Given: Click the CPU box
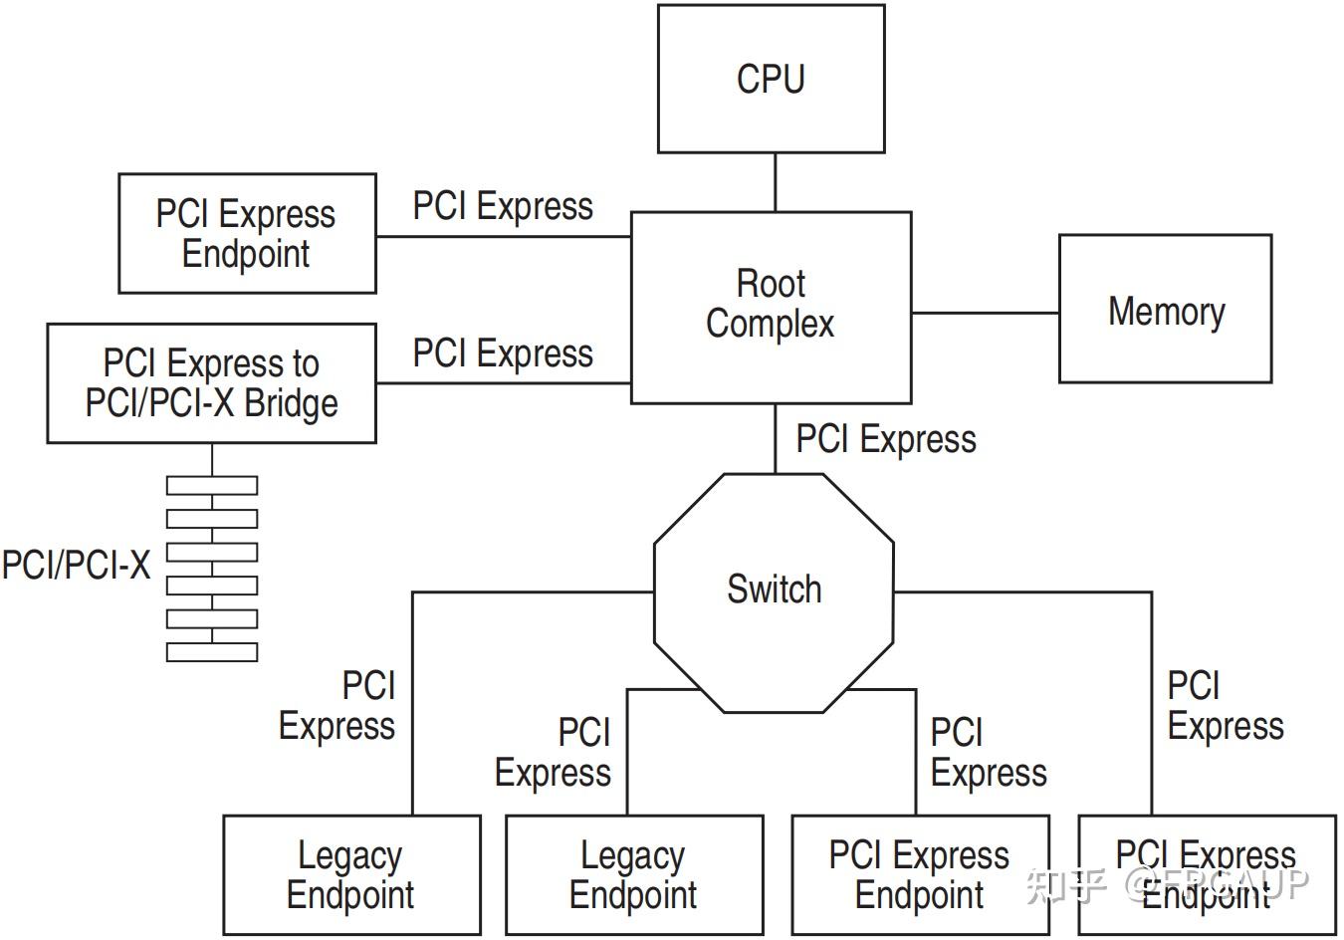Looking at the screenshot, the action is point(771,79).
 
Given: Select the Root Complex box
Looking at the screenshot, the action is point(771,308).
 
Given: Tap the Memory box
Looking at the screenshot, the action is point(1165,309).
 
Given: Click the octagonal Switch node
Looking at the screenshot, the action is point(774,593).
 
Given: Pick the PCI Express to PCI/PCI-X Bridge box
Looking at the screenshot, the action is point(212,383).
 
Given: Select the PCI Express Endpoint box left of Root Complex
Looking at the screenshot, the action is point(247,233).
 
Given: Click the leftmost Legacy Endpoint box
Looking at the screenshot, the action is point(352,874).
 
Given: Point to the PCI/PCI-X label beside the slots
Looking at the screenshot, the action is point(77,565).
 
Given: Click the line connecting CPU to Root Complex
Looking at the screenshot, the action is point(776,182).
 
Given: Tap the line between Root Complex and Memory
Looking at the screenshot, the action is point(986,313).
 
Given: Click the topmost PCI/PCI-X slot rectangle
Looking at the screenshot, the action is point(212,486).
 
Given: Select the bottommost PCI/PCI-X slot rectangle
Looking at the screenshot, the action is point(212,652).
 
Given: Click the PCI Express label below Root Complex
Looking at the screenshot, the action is point(886,439).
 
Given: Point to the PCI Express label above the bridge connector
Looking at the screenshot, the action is point(503,352).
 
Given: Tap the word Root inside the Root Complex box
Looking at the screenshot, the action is point(771,284).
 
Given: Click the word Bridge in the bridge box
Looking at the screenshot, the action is point(292,403).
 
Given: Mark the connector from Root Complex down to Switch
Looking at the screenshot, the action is point(776,439).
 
